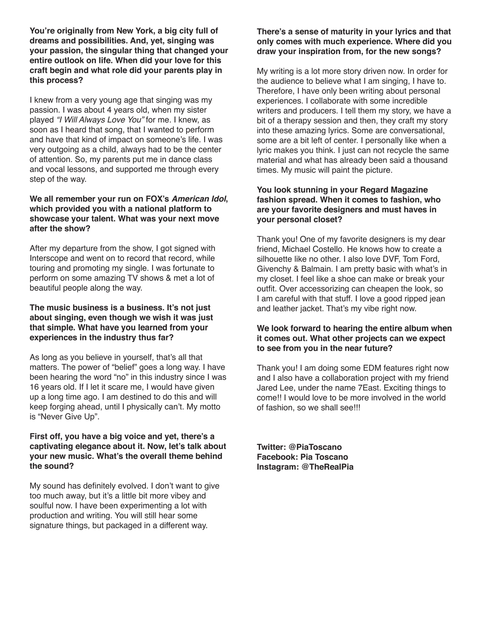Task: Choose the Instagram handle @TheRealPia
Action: point(327,467)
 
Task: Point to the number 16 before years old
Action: point(34,387)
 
